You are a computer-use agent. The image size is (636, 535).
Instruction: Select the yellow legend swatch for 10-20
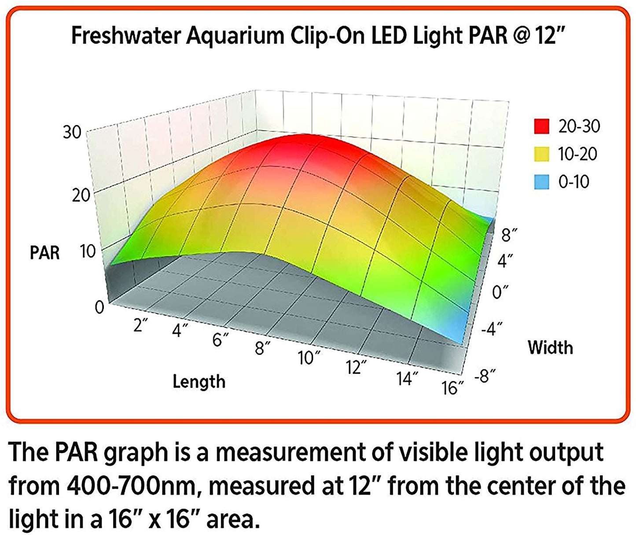click(541, 154)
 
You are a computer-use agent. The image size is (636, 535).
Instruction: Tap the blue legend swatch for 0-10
click(541, 181)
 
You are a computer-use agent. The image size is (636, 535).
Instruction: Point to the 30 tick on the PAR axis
click(72, 132)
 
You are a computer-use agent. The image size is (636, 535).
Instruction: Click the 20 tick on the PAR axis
click(81, 195)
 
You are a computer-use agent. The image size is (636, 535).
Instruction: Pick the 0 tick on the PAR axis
click(99, 307)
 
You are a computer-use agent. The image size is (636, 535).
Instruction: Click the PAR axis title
click(44, 253)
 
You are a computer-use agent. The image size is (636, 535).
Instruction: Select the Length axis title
click(199, 381)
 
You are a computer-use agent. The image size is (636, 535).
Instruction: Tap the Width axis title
click(550, 347)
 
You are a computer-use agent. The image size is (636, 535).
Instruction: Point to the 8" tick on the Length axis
click(262, 348)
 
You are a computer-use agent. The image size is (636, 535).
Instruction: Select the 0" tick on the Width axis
click(500, 291)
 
